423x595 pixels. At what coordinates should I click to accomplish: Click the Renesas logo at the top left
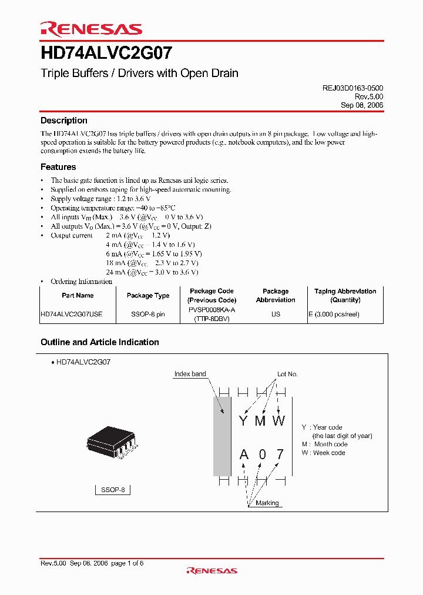point(91,29)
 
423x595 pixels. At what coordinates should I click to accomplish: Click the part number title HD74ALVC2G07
point(106,54)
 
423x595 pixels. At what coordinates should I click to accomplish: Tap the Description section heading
point(63,121)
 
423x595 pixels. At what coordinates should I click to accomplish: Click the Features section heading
point(58,167)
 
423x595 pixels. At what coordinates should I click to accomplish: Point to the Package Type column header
point(148,296)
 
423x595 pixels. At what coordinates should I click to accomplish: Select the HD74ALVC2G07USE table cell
point(72,314)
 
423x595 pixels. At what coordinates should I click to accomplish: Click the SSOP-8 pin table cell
point(148,314)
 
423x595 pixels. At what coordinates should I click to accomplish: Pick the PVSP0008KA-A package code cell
point(211,310)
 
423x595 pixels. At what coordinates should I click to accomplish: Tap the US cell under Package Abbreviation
point(276,314)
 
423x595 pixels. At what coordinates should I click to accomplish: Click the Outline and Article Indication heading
point(99,342)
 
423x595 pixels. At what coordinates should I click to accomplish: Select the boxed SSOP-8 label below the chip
point(113,490)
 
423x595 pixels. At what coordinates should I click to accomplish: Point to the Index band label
point(190,374)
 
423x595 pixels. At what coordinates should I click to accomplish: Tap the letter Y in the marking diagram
point(243,421)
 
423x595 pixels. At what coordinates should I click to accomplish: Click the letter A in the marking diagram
point(244,454)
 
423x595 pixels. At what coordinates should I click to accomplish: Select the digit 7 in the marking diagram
point(280,454)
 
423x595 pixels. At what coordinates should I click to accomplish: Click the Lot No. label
point(288,374)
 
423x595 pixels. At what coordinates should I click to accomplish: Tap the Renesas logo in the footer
point(211,570)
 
